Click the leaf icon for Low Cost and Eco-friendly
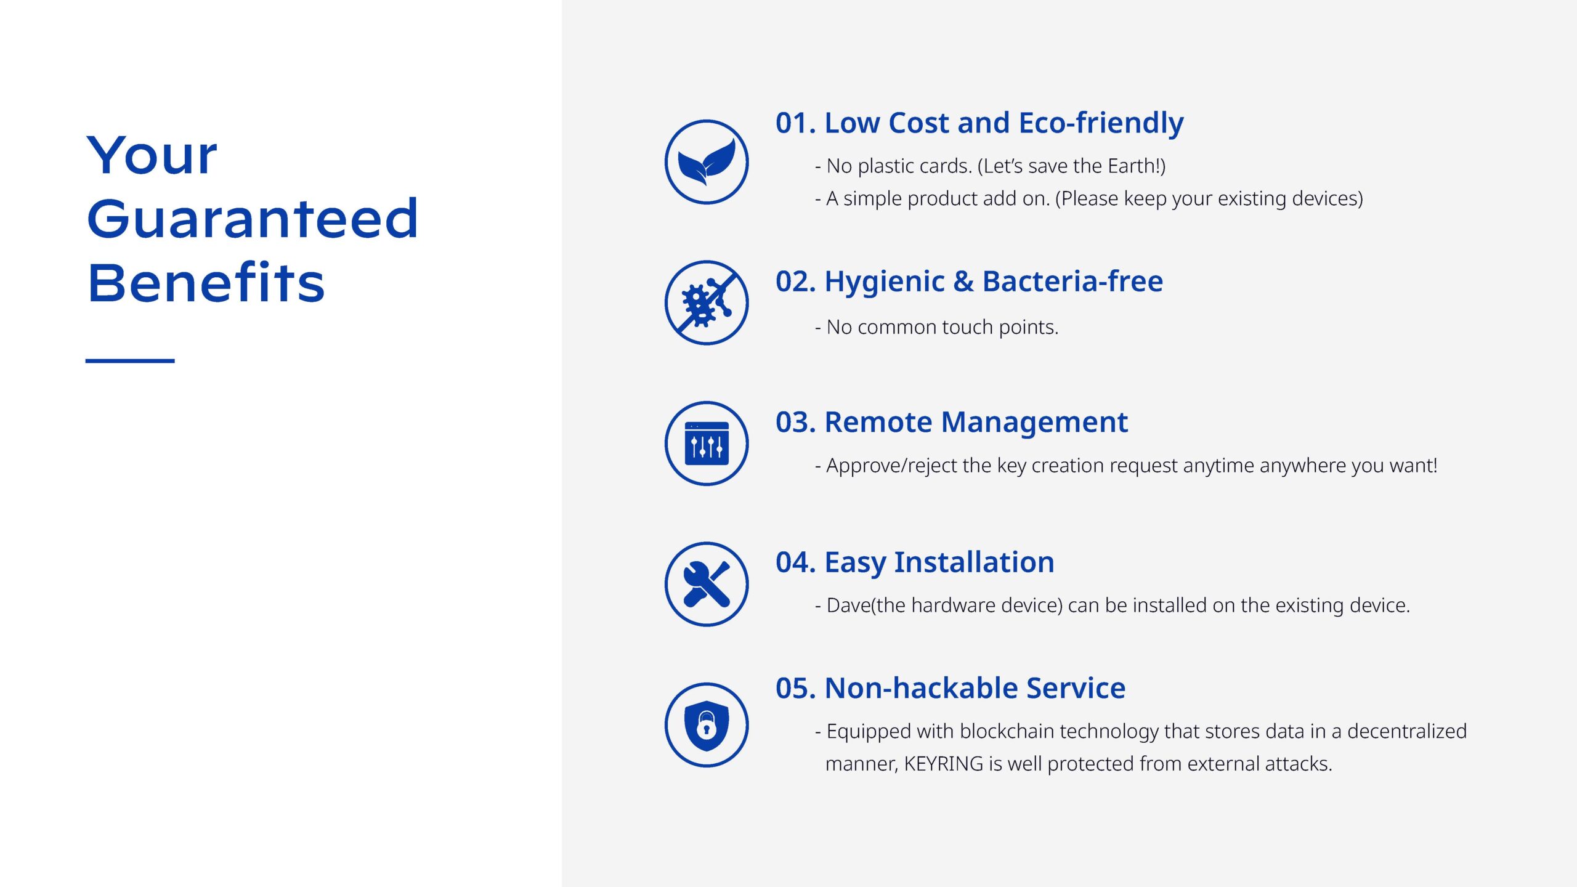[x=707, y=162]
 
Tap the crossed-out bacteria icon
[x=707, y=302]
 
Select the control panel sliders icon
[x=707, y=443]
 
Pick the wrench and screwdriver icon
[x=707, y=584]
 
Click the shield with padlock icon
[x=707, y=725]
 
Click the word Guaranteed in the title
[x=253, y=219]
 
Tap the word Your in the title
[x=152, y=155]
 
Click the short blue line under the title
[x=130, y=360]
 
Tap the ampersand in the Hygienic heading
[x=963, y=281]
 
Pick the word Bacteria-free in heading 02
[x=1072, y=281]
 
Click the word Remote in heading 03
[x=878, y=423]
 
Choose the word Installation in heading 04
[x=974, y=562]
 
